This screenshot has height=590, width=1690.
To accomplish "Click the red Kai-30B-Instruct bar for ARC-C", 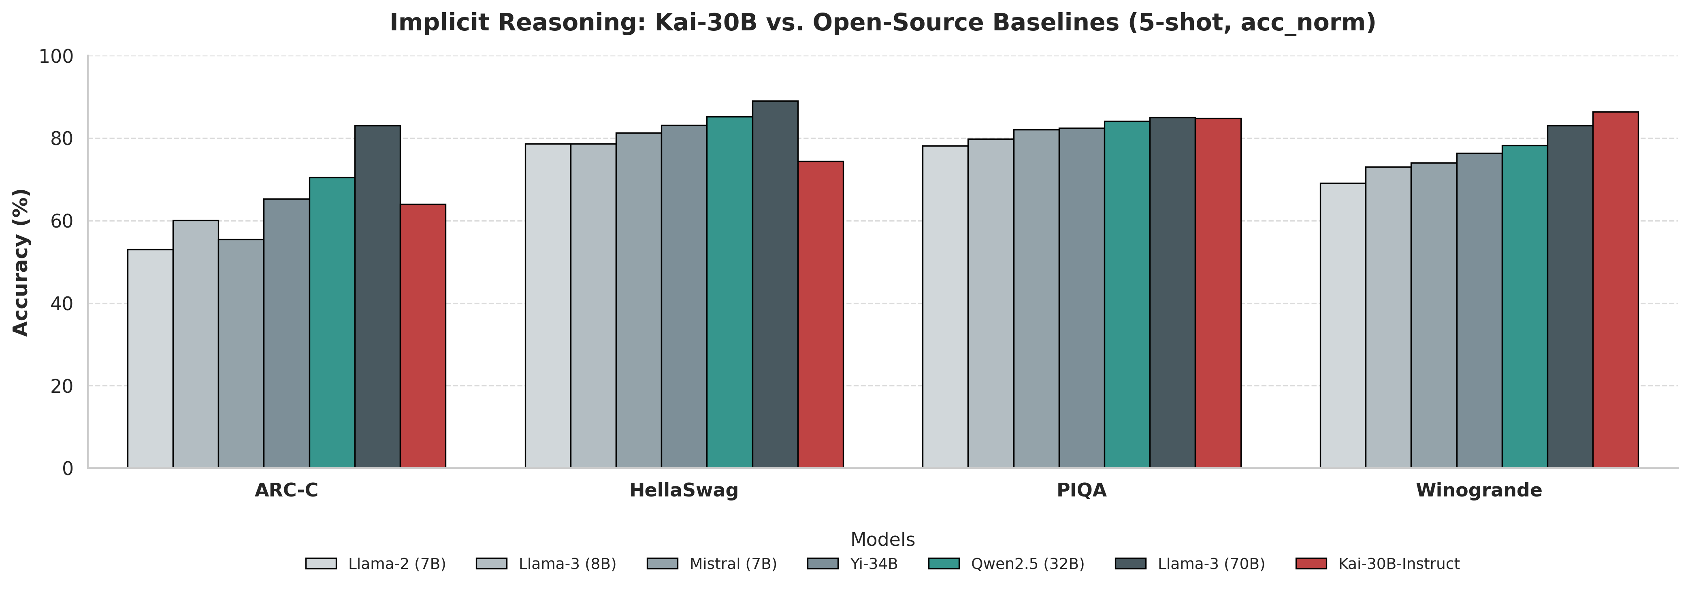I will tap(423, 336).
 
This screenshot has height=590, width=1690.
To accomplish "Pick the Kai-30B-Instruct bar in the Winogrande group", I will tap(1615, 290).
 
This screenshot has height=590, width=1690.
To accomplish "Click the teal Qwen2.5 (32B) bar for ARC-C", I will tap(332, 322).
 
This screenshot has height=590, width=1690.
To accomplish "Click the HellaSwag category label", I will tap(684, 490).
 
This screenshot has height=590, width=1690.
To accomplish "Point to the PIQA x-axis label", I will tap(1081, 490).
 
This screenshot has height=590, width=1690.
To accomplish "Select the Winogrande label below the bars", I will tap(1479, 490).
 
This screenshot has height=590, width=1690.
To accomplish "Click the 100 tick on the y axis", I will tap(56, 56).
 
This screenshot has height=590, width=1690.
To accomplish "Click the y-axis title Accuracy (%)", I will tap(21, 262).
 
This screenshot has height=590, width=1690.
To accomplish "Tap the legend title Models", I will tap(882, 539).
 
